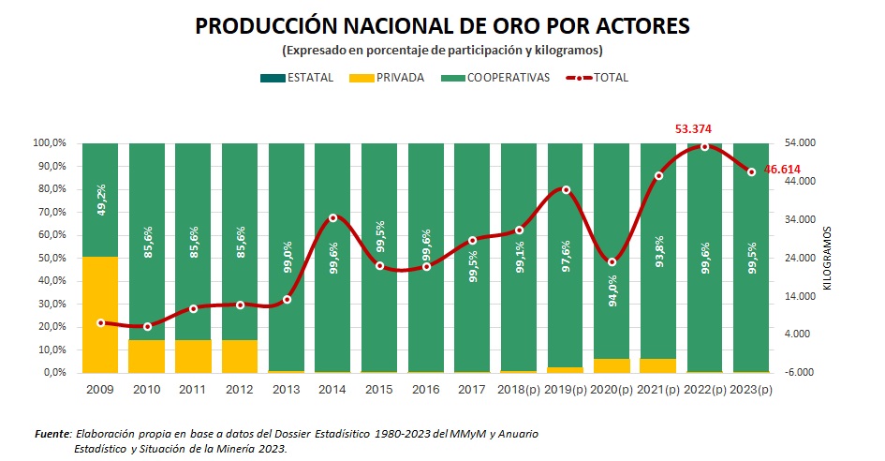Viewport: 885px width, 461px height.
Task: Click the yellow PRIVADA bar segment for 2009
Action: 100,315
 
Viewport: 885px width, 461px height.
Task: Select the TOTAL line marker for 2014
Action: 333,218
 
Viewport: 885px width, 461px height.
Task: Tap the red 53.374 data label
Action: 693,129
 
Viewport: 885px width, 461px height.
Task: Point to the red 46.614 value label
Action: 782,170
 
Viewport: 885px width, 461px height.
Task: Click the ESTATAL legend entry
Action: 297,78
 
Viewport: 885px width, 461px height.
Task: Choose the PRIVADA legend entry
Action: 387,78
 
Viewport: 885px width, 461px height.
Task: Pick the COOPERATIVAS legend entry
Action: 495,78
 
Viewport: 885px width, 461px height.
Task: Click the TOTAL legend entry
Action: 597,78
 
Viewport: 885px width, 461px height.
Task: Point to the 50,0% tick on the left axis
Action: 51,259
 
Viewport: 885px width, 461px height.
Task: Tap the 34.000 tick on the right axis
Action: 800,219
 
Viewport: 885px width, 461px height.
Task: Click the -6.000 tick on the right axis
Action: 799,372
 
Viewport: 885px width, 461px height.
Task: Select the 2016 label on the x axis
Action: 426,390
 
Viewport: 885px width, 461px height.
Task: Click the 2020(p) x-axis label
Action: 612,390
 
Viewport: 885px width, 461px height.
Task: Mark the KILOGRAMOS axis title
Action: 828,259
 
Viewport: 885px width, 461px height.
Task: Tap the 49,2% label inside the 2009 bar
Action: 101,200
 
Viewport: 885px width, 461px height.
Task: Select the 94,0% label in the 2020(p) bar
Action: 613,291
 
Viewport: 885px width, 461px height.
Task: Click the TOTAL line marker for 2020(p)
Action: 612,262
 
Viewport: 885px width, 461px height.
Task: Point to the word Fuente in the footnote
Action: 52,434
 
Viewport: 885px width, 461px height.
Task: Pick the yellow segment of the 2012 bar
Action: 240,356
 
